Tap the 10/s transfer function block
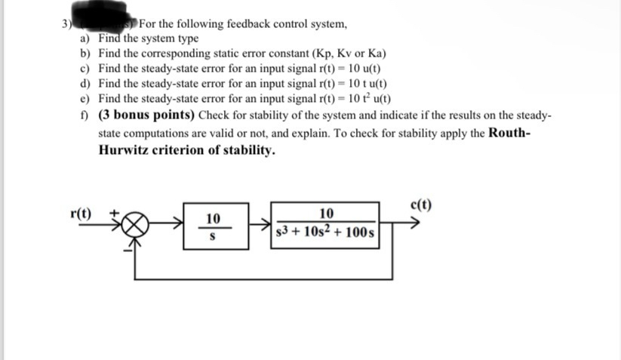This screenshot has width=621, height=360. (x=213, y=226)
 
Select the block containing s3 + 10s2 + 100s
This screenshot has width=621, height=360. (x=326, y=226)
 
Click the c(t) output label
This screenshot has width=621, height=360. (x=423, y=203)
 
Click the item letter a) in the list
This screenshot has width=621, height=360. (x=85, y=38)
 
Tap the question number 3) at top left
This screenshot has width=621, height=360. (x=67, y=22)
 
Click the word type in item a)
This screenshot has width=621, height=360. (x=186, y=38)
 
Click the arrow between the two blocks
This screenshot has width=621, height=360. (x=257, y=225)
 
